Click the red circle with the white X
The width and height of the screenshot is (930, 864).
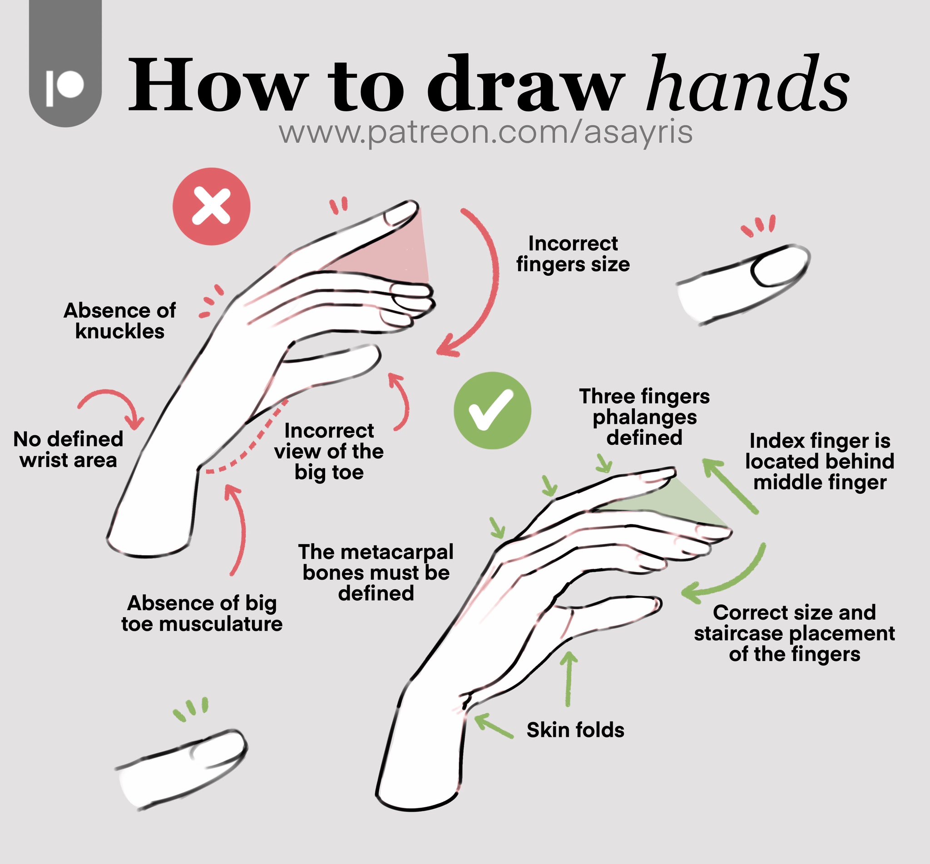(211, 206)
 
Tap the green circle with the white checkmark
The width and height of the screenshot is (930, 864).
(492, 411)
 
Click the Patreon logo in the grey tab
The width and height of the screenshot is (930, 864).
(65, 87)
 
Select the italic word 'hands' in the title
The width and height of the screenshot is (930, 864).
(748, 84)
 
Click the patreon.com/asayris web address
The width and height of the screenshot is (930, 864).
(485, 132)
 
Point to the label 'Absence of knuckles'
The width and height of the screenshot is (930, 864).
(119, 321)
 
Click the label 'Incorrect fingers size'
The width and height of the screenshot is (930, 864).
(573, 254)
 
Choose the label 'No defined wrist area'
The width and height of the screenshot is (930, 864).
(68, 450)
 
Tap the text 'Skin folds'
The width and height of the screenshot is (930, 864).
(575, 730)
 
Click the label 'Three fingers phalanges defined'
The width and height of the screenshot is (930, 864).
(644, 417)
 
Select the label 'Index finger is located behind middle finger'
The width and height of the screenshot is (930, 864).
(819, 462)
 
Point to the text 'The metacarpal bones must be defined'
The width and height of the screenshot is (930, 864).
(376, 572)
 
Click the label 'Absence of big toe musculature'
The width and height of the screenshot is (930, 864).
(202, 613)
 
